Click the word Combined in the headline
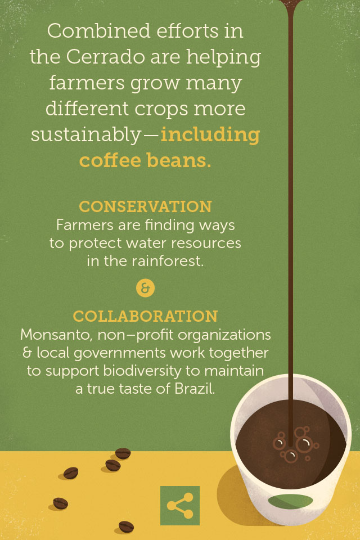99,30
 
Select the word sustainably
85,134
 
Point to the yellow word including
210,134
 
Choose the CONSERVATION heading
145,206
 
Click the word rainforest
167,260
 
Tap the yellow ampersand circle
145,288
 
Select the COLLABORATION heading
145,316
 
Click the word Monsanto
56,335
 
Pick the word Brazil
195,389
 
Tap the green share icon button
180,506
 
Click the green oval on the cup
290,501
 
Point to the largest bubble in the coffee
304,444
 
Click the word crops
161,109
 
